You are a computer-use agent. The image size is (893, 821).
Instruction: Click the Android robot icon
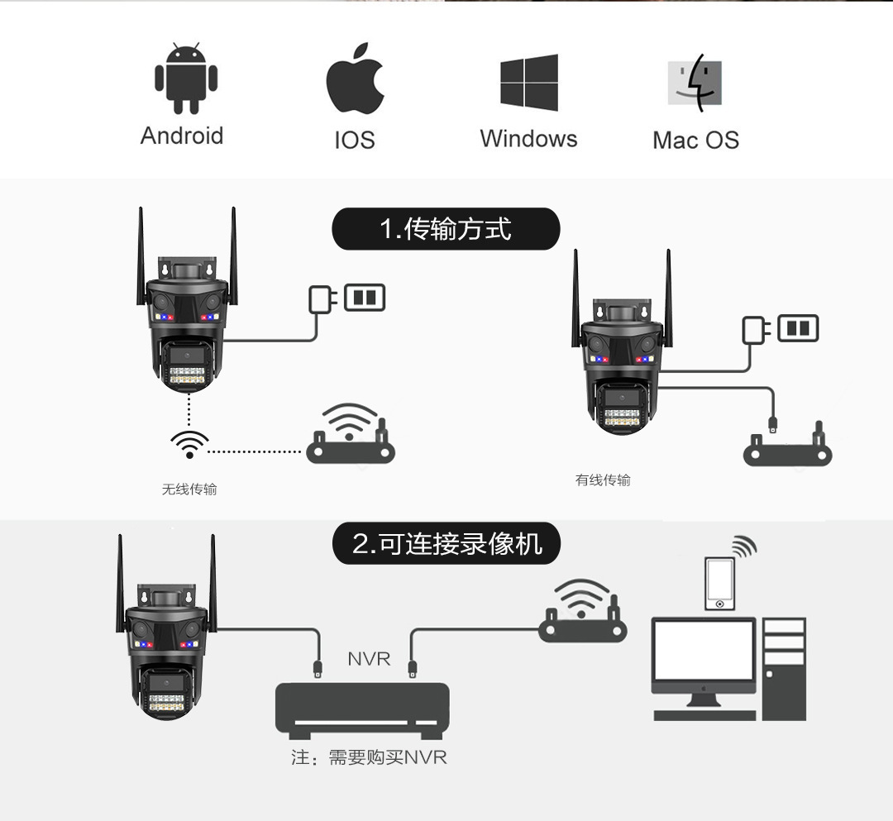click(x=186, y=79)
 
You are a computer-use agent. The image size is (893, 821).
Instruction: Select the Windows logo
click(x=529, y=83)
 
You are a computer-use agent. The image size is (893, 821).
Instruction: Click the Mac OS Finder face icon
click(x=695, y=83)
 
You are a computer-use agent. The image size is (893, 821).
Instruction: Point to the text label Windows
click(x=528, y=138)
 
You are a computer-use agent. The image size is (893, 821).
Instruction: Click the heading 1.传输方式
click(x=446, y=229)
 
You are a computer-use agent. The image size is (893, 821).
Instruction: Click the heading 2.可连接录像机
click(x=446, y=544)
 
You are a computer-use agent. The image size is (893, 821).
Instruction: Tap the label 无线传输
click(x=189, y=489)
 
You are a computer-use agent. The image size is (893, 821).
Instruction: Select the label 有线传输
click(x=603, y=480)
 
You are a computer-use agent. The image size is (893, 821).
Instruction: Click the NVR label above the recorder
click(x=369, y=659)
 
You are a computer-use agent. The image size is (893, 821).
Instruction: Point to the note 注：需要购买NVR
click(x=369, y=757)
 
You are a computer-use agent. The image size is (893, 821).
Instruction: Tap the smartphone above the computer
click(x=720, y=584)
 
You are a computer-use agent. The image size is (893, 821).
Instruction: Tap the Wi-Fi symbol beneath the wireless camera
click(x=189, y=444)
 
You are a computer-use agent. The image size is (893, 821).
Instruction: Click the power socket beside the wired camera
click(x=798, y=328)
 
